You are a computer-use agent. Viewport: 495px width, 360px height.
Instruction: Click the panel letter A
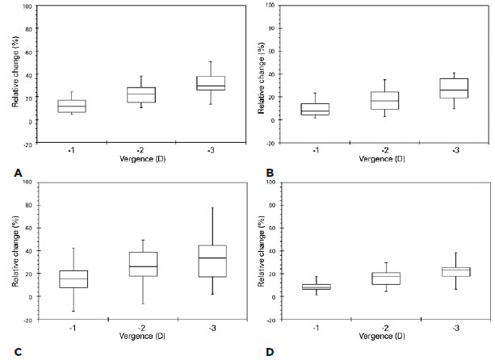click(x=16, y=172)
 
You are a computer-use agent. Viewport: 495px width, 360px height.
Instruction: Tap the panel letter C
click(x=16, y=351)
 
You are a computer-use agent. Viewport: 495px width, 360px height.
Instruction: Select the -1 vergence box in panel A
click(x=72, y=107)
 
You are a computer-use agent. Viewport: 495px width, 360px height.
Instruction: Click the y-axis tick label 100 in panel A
click(x=27, y=6)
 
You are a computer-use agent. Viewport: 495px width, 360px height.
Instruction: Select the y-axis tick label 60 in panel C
click(x=29, y=228)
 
